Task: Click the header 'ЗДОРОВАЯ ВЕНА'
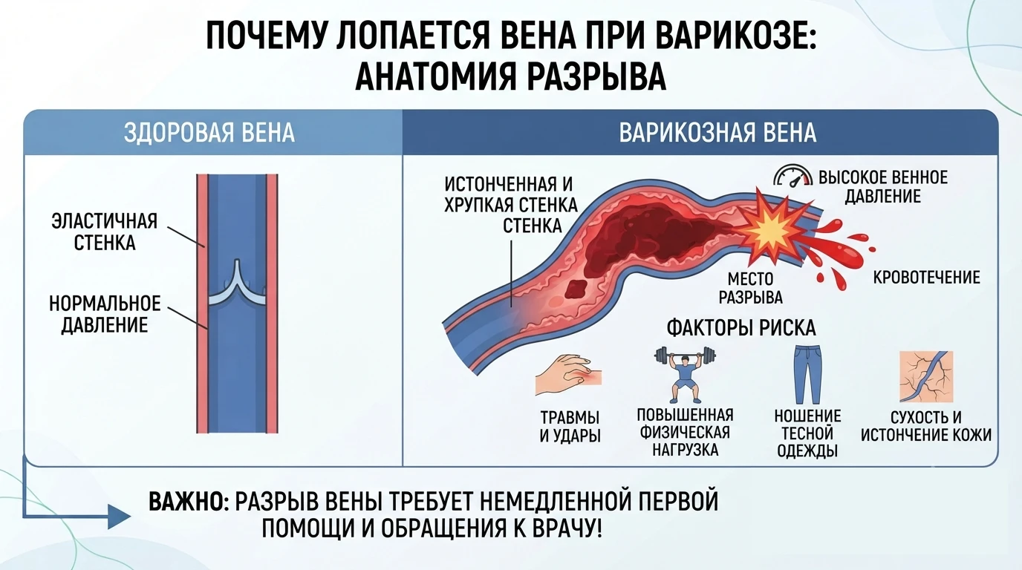(209, 133)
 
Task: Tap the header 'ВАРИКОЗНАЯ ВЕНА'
(717, 133)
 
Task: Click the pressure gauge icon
(793, 176)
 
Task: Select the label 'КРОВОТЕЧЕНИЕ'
(927, 278)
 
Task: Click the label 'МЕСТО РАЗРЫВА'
(750, 288)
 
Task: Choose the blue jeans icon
(807, 374)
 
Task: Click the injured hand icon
(568, 375)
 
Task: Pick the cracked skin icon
(926, 376)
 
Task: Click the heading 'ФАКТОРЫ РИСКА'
(741, 328)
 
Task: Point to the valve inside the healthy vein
(237, 285)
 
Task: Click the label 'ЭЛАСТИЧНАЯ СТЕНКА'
(105, 232)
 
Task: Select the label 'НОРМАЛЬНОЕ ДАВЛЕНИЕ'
(105, 315)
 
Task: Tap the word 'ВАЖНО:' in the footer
(189, 502)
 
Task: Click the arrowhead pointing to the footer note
(120, 517)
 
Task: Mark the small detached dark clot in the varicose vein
(576, 289)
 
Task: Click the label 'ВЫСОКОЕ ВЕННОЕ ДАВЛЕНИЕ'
(883, 186)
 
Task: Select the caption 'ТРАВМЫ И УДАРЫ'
(570, 426)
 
